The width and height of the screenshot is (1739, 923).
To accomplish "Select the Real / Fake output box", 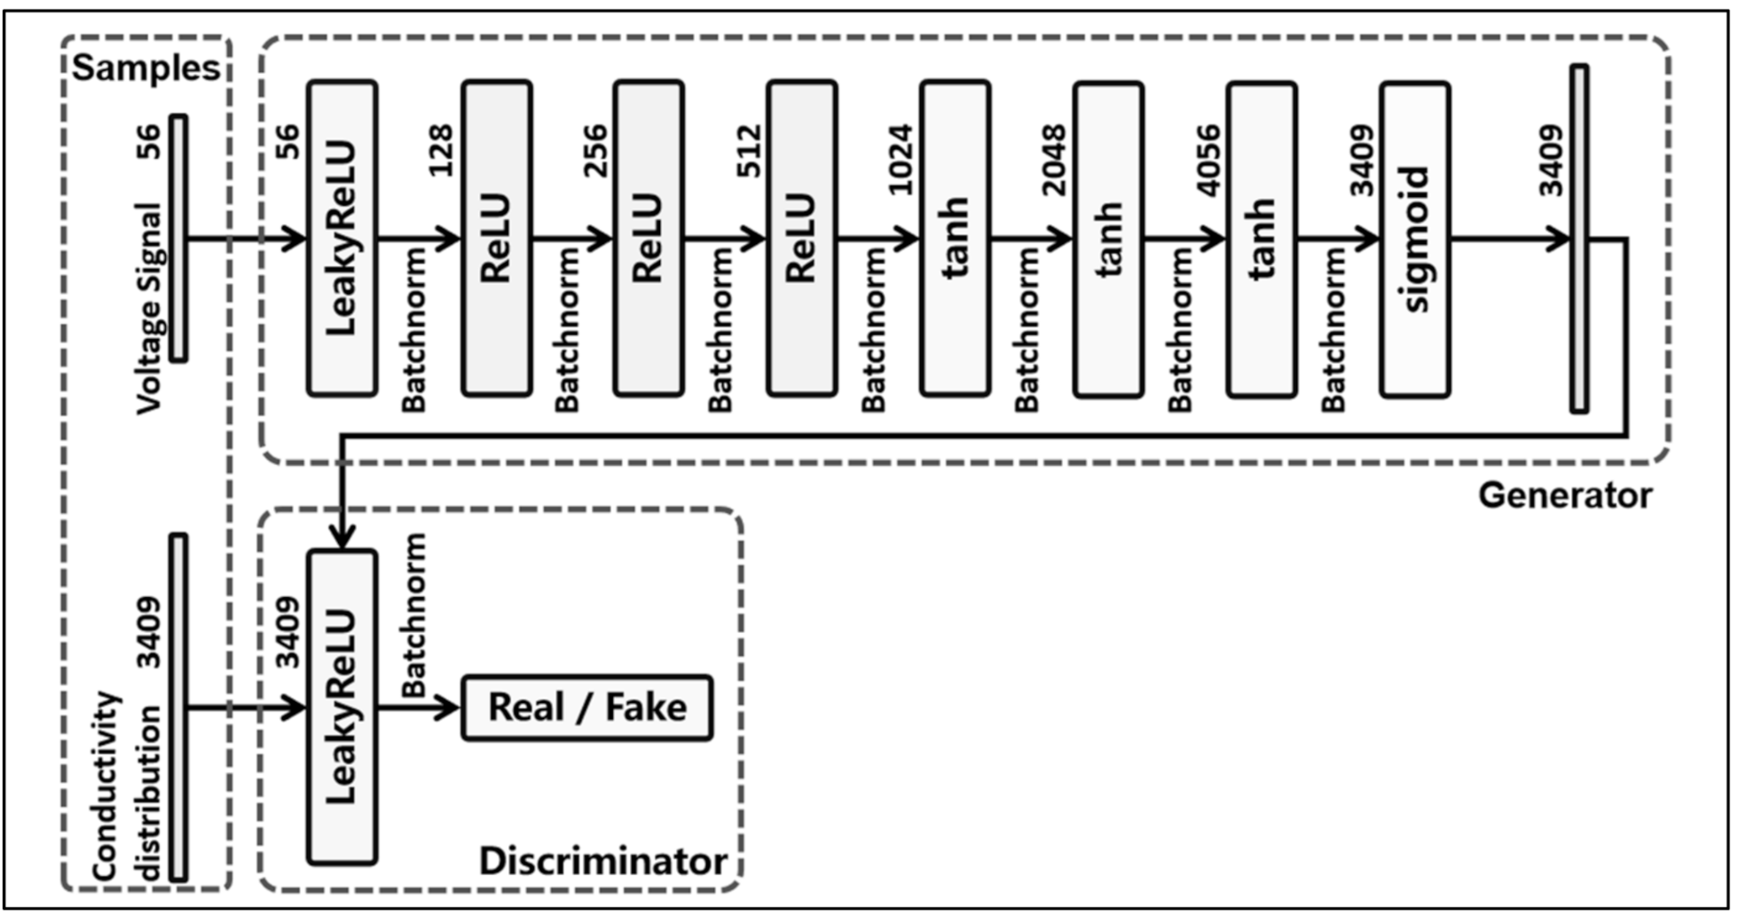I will pos(586,707).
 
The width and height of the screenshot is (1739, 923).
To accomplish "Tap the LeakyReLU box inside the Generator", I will pos(342,238).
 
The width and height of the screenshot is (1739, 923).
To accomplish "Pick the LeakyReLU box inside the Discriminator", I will pos(342,707).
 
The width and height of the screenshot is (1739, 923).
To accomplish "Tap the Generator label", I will pos(1564,495).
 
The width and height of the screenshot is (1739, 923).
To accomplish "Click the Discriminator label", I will pos(602,861).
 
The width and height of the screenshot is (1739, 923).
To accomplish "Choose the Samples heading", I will pos(146,68).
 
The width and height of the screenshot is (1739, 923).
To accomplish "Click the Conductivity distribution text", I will pos(130,785).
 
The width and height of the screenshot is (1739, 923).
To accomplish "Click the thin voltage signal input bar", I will pos(178,238).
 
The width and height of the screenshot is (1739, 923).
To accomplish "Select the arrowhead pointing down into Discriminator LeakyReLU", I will pos(342,537).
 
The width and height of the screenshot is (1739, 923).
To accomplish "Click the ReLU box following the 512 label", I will pos(801,238).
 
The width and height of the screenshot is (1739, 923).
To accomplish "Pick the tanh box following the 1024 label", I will pos(955,238).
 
